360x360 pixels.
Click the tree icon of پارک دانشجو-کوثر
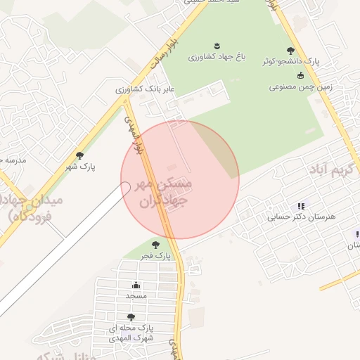(291, 51)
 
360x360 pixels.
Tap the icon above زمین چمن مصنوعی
(301, 76)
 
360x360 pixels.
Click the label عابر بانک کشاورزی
(146, 89)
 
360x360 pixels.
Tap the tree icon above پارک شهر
(79, 155)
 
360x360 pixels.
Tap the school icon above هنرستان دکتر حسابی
(301, 206)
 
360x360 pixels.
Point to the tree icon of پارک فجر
(155, 245)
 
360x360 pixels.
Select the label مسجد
(136, 296)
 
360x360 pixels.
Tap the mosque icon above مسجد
(136, 285)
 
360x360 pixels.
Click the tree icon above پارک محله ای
(131, 317)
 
